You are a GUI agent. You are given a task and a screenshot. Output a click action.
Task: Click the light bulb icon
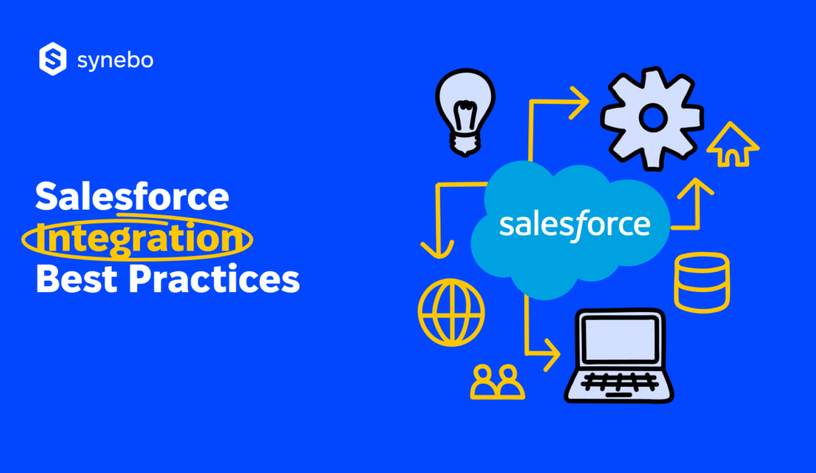[463, 111]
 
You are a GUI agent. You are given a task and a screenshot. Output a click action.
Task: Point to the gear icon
[652, 119]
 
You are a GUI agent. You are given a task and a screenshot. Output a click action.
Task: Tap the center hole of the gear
[652, 119]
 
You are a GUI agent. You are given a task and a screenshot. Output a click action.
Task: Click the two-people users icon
[498, 381]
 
